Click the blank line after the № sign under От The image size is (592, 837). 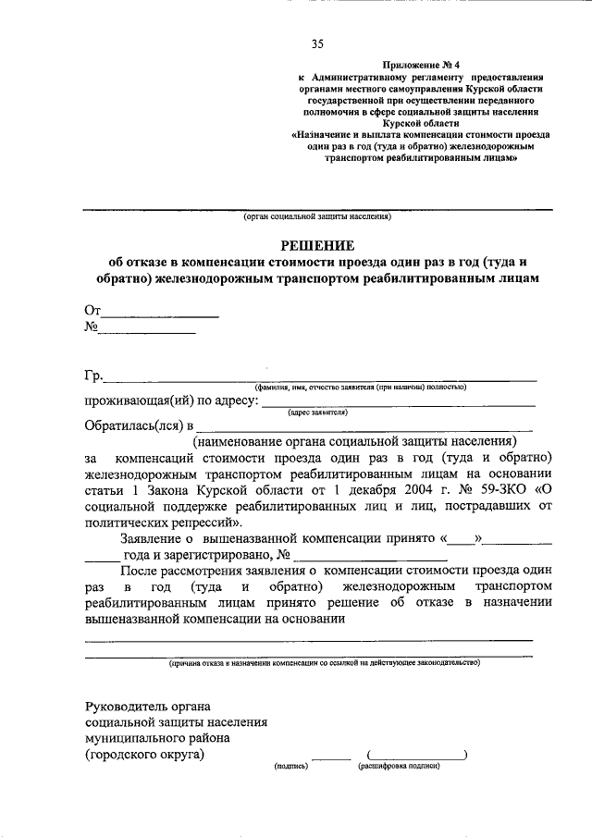click(x=147, y=330)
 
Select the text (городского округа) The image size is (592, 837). click(x=144, y=754)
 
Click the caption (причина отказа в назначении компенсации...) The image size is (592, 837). click(x=317, y=663)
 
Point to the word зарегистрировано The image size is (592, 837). click(x=219, y=555)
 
